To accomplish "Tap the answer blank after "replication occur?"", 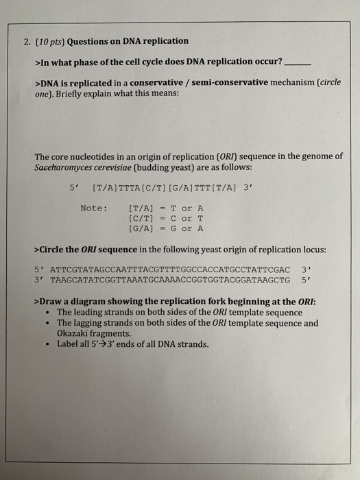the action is click(x=298, y=62).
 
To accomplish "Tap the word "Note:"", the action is click(x=94, y=208).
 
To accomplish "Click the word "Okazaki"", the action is click(x=75, y=333).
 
